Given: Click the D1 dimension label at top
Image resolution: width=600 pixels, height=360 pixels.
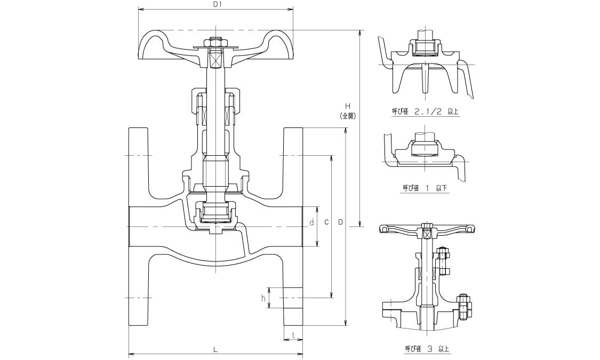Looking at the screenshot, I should pos(217,4).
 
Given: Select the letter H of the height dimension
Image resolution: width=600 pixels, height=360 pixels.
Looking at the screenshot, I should pos(347,106).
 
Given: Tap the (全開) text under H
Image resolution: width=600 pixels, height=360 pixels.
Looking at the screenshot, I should pos(347,115).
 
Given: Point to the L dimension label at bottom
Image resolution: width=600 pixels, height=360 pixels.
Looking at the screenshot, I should pos(215,349).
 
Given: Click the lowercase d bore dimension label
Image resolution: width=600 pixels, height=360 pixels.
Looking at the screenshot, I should pos(311,222).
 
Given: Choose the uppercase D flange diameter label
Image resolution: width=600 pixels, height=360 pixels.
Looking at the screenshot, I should pos(340,222).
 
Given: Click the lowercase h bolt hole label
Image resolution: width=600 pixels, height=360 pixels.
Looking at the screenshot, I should pos(263,299).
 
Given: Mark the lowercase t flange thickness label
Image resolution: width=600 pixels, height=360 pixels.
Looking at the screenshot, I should pos(293,335).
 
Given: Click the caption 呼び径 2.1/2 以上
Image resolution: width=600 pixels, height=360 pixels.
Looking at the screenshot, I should pos(425,112).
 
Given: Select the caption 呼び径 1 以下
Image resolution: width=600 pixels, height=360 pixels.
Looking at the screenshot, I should pos(425,188).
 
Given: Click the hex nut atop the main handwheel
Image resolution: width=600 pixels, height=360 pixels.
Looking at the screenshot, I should pos(215,41).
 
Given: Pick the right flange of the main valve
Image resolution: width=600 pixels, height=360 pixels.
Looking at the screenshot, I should pos(293,227).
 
